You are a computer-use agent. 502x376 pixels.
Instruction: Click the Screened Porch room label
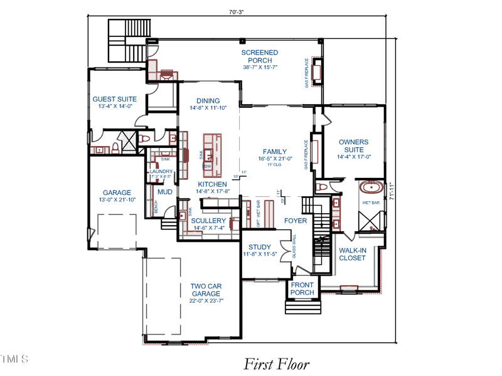[260, 56]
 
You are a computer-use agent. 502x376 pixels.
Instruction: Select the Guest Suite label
[115, 99]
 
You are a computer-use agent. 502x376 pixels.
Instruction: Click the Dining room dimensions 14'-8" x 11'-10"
[208, 108]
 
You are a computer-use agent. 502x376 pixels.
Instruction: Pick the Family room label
[275, 152]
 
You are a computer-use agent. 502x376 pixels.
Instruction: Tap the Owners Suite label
[354, 146]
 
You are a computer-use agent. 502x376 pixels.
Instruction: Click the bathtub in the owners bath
[371, 187]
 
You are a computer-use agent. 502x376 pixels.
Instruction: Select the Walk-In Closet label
[352, 254]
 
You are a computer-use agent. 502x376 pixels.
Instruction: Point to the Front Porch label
[302, 289]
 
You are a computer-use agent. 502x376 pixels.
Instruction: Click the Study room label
[259, 247]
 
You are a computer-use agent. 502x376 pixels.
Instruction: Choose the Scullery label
[208, 221]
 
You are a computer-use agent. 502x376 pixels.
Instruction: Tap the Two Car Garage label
[206, 290]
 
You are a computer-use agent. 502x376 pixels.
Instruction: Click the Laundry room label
[160, 171]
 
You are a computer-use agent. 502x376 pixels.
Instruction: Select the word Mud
[165, 192]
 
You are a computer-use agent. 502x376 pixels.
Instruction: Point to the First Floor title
[276, 363]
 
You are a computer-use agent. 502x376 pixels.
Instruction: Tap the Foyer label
[296, 221]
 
